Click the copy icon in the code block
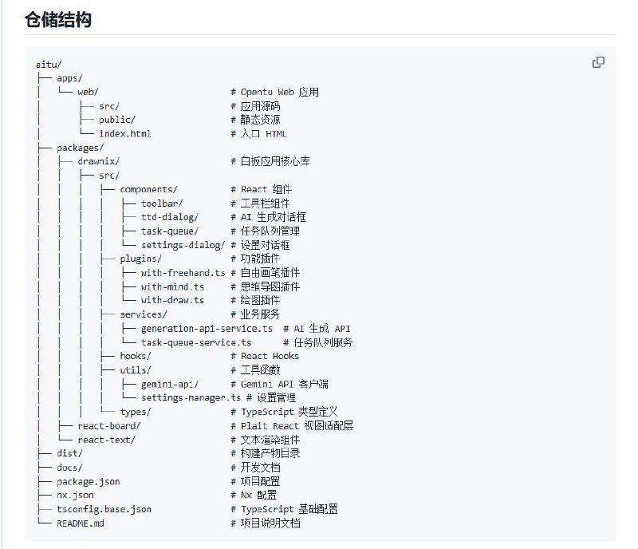(598, 62)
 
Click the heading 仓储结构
(58, 19)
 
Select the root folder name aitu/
(49, 65)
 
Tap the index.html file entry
(125, 133)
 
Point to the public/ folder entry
(116, 120)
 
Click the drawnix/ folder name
(98, 161)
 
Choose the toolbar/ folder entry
(162, 203)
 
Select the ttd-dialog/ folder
(170, 217)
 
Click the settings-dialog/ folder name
(183, 245)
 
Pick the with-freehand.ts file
(183, 273)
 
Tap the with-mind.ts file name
(172, 286)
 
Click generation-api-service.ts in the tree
(207, 329)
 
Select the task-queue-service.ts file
(196, 342)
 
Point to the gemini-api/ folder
(170, 384)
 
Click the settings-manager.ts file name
(191, 398)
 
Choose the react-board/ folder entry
(109, 426)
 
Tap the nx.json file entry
(75, 496)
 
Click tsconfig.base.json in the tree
(104, 509)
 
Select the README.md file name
(81, 523)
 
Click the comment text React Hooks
(270, 356)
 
